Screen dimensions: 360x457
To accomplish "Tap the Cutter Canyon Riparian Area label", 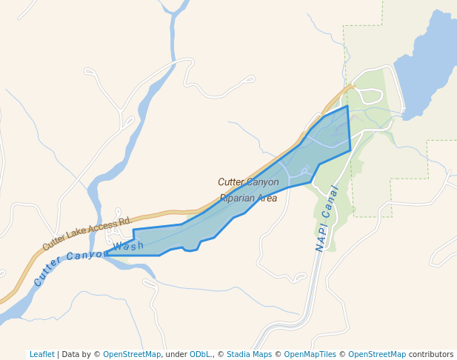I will pos(248,190).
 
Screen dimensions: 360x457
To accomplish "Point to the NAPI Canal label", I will pos(326,219).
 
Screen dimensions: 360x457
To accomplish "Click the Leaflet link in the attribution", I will pos(41,354).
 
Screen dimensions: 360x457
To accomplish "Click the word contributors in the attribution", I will pos(430,354).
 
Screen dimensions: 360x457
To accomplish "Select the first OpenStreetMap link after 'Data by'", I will pos(131,354).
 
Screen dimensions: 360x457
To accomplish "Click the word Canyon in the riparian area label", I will pos(264,181).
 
